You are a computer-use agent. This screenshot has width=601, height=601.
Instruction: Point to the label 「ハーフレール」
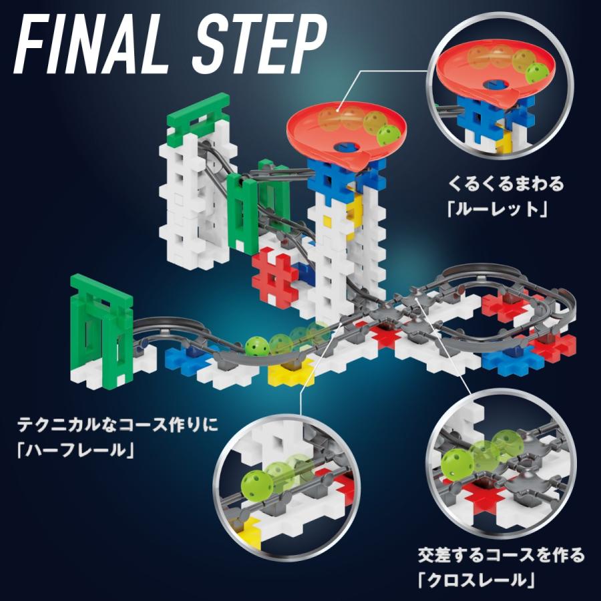point(74,450)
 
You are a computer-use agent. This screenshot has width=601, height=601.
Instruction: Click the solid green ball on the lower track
point(256,347)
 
